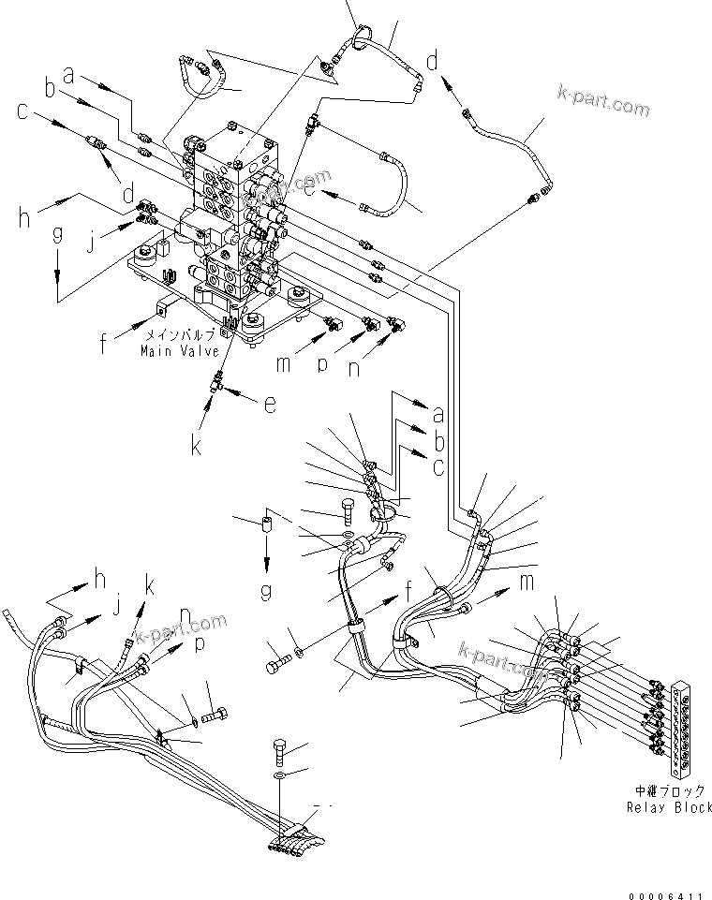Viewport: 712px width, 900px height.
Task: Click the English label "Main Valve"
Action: pyautogui.click(x=179, y=351)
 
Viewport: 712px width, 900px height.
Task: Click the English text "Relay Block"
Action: pyautogui.click(x=668, y=807)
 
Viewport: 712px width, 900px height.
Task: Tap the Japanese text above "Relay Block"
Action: pyautogui.click(x=667, y=791)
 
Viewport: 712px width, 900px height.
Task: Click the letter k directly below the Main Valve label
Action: pyautogui.click(x=198, y=445)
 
